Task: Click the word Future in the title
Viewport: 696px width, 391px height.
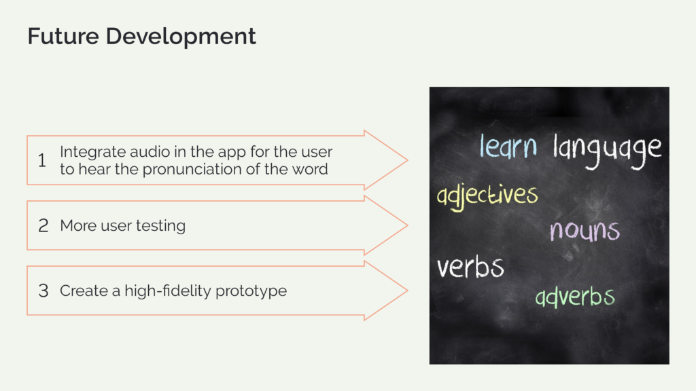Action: [63, 36]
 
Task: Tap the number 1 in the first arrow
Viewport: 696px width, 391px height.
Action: [42, 160]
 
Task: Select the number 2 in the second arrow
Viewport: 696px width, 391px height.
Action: [43, 225]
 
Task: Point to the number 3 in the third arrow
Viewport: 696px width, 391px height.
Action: [43, 291]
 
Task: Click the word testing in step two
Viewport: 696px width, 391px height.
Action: [160, 226]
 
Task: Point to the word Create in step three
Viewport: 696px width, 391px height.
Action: [84, 291]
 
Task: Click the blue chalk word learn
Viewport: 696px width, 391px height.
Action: [508, 146]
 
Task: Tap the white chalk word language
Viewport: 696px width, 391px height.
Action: [607, 151]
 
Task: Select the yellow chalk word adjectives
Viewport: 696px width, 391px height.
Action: [487, 196]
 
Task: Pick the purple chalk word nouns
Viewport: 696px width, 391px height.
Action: [585, 230]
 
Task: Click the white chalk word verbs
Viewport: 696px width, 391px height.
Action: [470, 267]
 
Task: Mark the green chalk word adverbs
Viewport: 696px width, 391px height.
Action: [575, 297]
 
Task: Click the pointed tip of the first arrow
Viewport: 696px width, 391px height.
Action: [407, 160]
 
